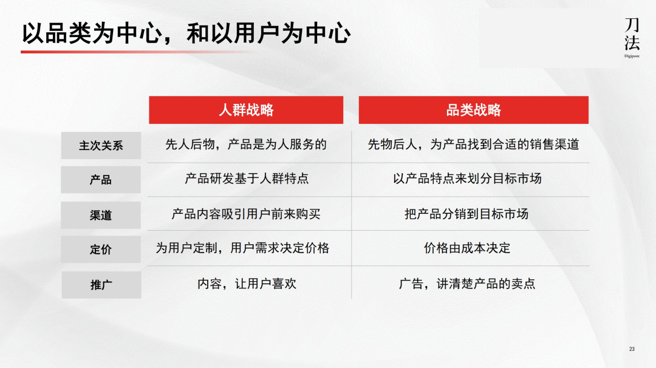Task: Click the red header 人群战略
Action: point(246,110)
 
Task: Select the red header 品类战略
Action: point(473,110)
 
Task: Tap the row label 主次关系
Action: point(101,146)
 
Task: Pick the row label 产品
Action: point(101,180)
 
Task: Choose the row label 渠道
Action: point(101,215)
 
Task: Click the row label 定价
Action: point(101,250)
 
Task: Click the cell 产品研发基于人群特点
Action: point(247,179)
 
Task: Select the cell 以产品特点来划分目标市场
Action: point(467,179)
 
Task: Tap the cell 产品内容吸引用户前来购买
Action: point(246,214)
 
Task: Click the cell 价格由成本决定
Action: point(467,248)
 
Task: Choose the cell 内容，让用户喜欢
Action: point(247,284)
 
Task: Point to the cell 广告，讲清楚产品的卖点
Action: point(467,284)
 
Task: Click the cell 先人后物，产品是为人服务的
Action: point(246,145)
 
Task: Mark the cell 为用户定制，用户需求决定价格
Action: point(243,248)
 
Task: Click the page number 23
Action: point(632,349)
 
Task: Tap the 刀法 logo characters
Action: point(632,34)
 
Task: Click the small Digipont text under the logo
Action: point(632,56)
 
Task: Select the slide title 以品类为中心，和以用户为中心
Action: point(186,33)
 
